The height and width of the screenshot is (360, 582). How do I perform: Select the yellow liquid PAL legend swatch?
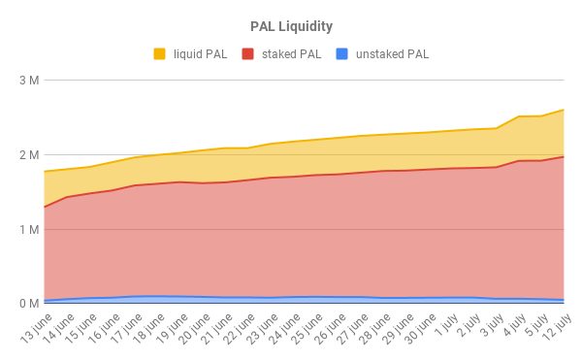point(160,53)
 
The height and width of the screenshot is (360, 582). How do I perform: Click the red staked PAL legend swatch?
point(247,53)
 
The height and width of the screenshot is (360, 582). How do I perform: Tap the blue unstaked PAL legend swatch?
point(342,53)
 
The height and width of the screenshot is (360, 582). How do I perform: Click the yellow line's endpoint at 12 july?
point(564,110)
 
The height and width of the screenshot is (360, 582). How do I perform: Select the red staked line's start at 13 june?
point(44,207)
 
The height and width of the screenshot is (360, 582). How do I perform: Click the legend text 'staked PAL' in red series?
point(288,53)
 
